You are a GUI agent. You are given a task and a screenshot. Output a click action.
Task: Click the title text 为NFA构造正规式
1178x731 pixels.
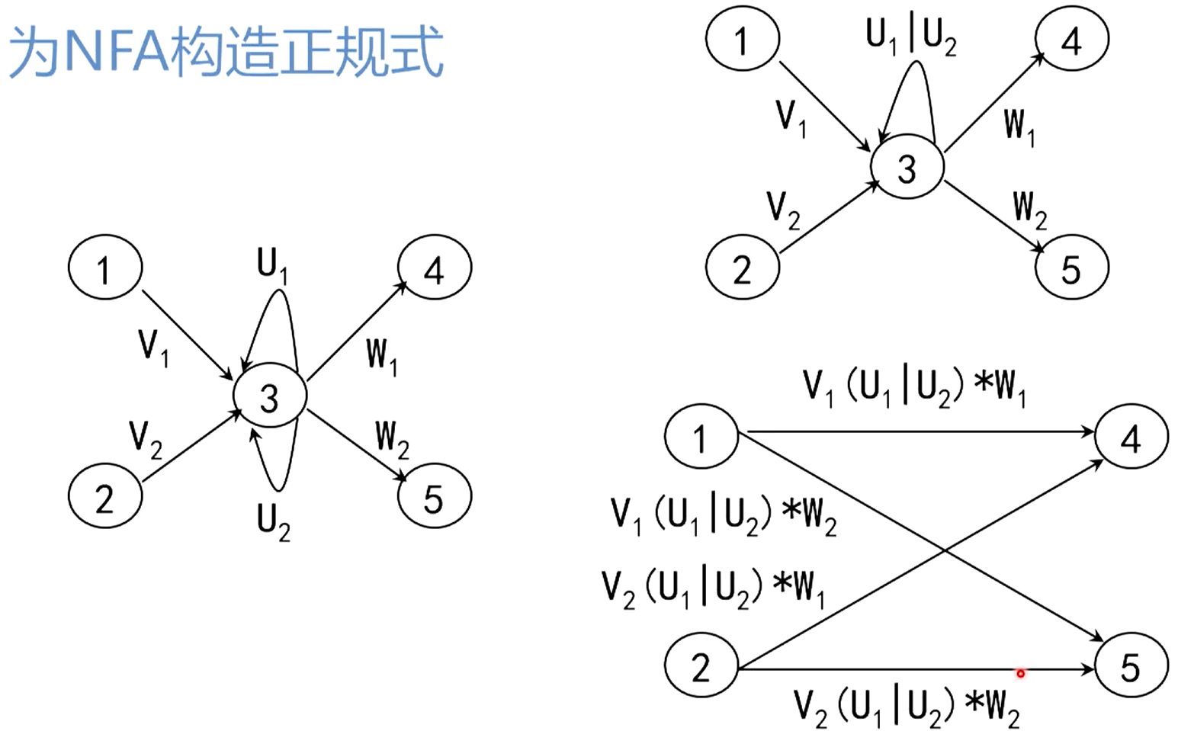click(x=226, y=52)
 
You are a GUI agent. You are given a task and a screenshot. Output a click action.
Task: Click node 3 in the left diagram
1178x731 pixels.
click(x=270, y=396)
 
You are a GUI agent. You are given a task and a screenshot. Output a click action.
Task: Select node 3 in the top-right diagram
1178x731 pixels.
click(x=907, y=167)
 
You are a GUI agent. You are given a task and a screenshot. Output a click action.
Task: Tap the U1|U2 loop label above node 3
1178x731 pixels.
click(x=911, y=35)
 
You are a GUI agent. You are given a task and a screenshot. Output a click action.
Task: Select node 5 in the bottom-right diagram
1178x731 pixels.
click(x=1131, y=667)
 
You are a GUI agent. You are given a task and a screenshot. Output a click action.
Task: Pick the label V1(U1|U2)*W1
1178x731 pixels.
click(x=914, y=386)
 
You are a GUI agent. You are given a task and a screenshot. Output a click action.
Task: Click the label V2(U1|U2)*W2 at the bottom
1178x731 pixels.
click(x=907, y=707)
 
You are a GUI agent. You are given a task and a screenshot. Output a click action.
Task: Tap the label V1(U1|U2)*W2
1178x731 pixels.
click(x=724, y=516)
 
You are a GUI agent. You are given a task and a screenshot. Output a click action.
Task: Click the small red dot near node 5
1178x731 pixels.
click(x=1020, y=673)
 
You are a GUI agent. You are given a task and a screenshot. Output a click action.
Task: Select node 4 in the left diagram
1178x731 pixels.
click(x=435, y=268)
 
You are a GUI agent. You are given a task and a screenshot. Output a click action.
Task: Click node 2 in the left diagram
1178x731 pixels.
click(x=105, y=497)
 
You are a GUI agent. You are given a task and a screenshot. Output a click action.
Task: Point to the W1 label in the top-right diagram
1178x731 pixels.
click(x=1019, y=124)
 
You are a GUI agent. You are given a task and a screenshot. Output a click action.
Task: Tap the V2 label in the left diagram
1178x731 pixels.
click(x=145, y=439)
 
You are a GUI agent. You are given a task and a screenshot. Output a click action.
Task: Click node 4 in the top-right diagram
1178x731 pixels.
click(x=1071, y=39)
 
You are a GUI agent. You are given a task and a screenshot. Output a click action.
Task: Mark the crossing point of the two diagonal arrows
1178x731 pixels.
click(x=945, y=550)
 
